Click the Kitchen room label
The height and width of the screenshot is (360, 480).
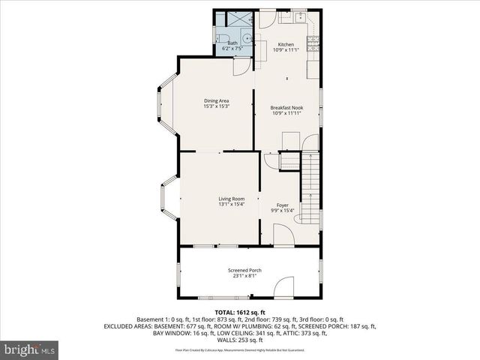pyautogui.click(x=286, y=44)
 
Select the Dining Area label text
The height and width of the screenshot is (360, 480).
pyautogui.click(x=216, y=100)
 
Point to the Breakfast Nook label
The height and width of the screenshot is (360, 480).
pyautogui.click(x=286, y=107)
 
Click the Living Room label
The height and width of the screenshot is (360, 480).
pyautogui.click(x=211, y=199)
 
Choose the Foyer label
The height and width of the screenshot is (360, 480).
pyautogui.click(x=282, y=205)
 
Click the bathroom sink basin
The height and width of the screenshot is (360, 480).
pyautogui.click(x=245, y=34)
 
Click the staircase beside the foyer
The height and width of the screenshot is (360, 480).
pyautogui.click(x=310, y=187)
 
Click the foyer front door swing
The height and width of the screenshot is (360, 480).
pyautogui.click(x=283, y=235)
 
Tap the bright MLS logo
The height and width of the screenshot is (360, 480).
pyautogui.click(x=30, y=349)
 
